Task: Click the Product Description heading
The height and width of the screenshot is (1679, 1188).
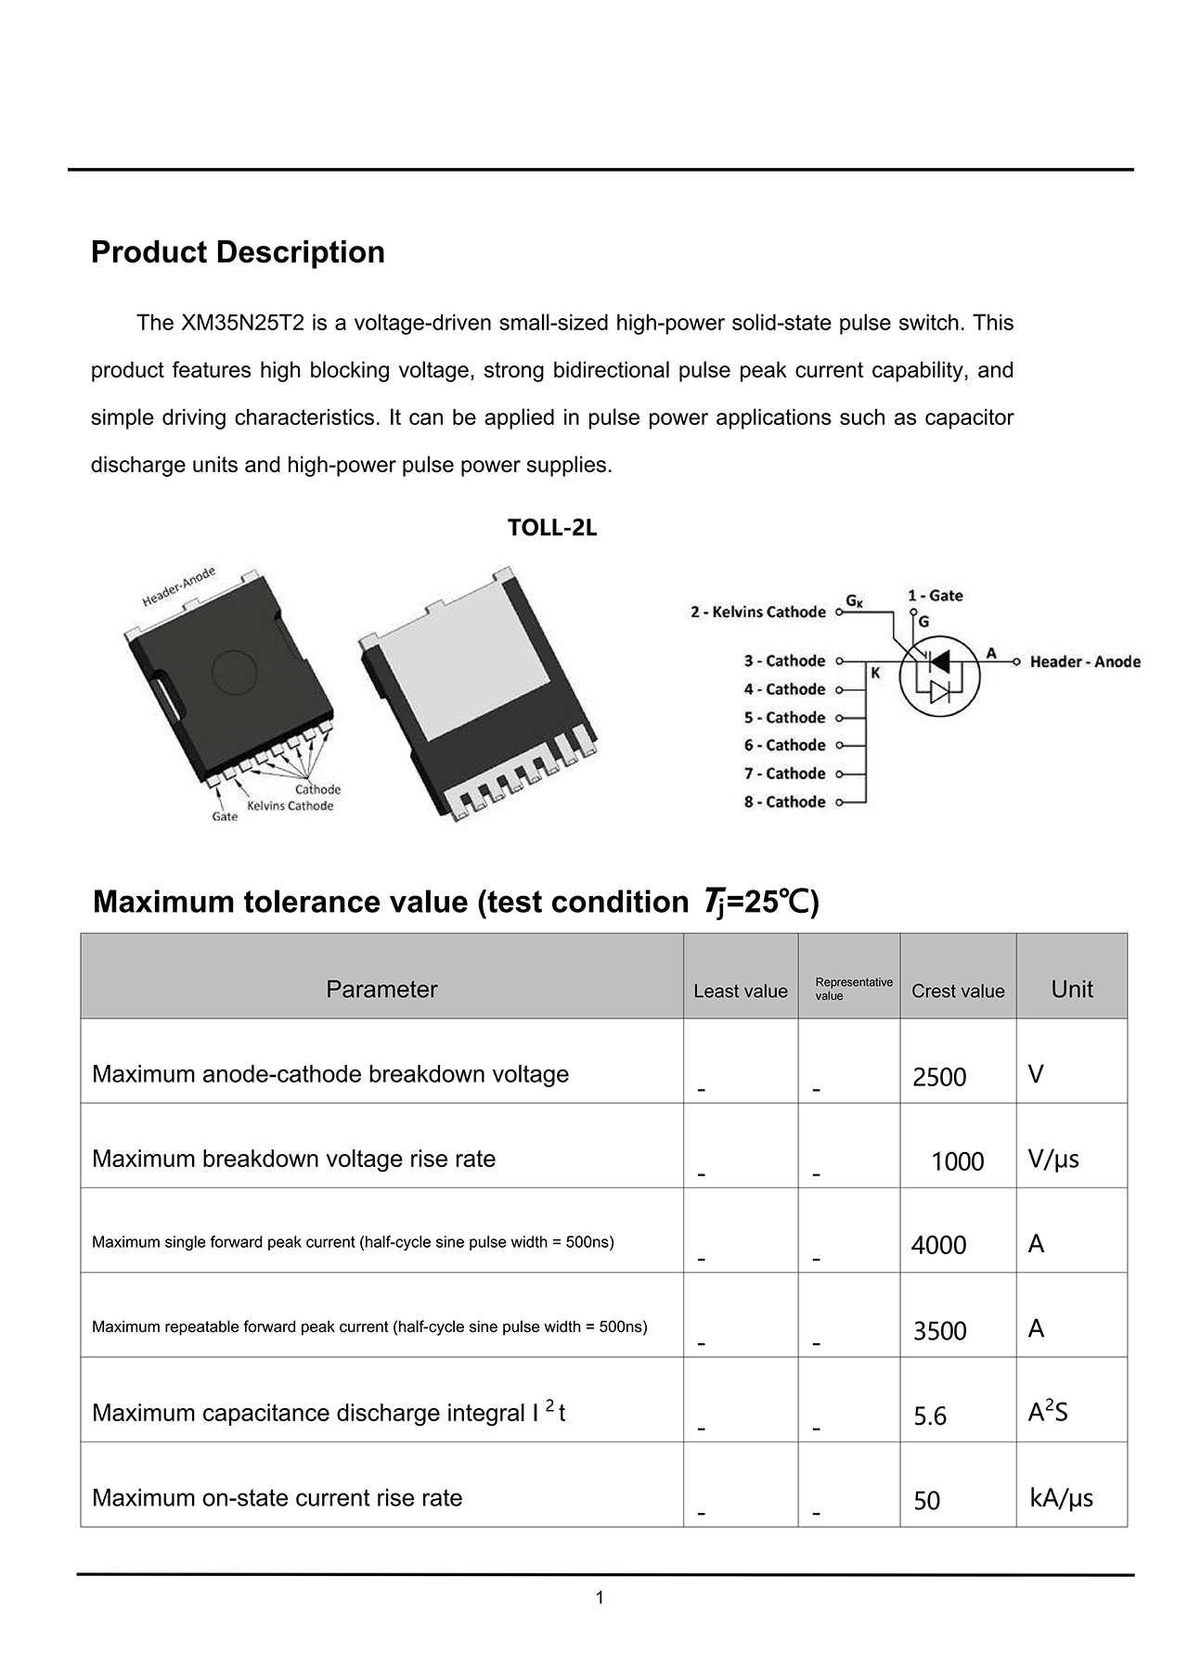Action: click(x=238, y=252)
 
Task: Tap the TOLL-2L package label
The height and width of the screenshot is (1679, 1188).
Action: click(x=552, y=528)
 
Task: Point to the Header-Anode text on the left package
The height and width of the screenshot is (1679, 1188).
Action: click(x=179, y=586)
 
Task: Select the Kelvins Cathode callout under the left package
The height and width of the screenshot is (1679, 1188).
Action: click(x=290, y=805)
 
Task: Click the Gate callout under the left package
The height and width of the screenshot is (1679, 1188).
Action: click(x=225, y=817)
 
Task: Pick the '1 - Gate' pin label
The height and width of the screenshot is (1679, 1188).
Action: click(x=935, y=596)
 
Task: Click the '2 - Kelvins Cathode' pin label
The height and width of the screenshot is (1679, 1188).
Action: click(x=757, y=612)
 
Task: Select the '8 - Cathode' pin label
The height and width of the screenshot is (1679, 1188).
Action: click(x=784, y=802)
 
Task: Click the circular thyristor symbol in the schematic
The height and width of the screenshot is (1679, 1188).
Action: click(x=939, y=675)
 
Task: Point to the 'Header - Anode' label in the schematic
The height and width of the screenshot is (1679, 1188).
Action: click(x=1085, y=661)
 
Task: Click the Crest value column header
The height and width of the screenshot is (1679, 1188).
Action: click(x=958, y=991)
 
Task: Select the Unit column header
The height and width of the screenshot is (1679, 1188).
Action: click(x=1072, y=990)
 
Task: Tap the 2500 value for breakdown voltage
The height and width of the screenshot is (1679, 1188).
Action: click(x=939, y=1077)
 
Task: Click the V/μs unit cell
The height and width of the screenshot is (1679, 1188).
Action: click(x=1053, y=1159)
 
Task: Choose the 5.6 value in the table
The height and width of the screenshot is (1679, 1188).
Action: click(x=930, y=1416)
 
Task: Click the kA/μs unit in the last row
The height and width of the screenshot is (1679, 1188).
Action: click(x=1061, y=1498)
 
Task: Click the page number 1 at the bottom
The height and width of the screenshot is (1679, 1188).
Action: click(x=600, y=1597)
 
